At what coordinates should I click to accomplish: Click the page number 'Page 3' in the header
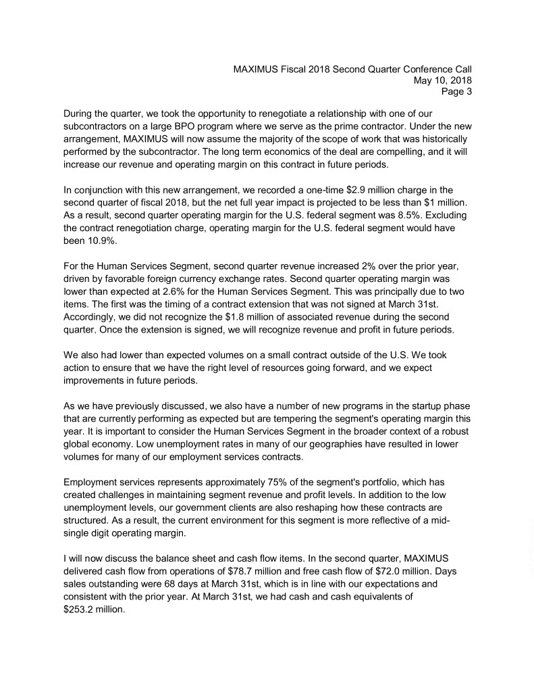click(456, 92)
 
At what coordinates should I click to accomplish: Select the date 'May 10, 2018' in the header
click(442, 80)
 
